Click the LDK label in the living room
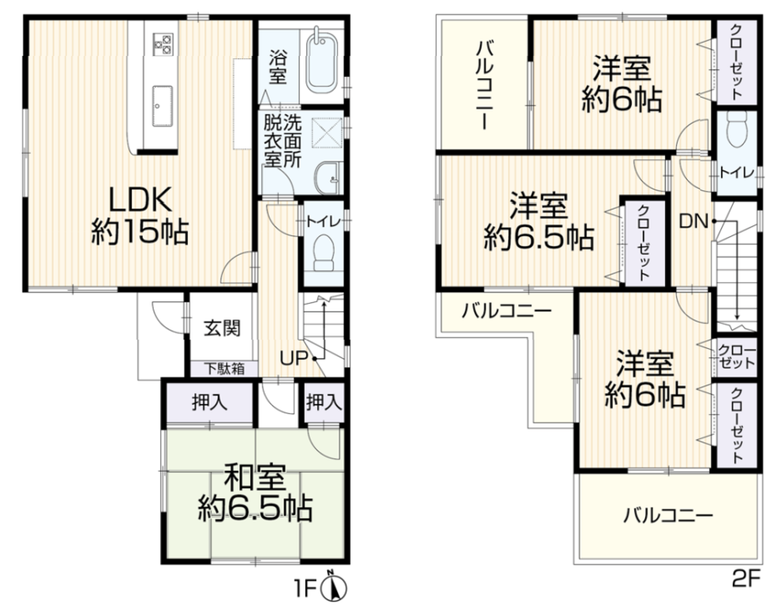[x=140, y=200]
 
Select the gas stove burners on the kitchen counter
[x=162, y=43]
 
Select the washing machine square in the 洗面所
[x=327, y=132]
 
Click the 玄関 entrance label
[x=222, y=328]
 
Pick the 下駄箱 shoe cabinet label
[x=225, y=369]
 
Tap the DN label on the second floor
[x=693, y=221]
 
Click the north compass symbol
[x=334, y=587]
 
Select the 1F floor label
[x=307, y=589]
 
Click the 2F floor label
[x=746, y=578]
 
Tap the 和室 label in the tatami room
[x=255, y=477]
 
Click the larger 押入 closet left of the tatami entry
[x=210, y=402]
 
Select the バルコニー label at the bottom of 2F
[x=668, y=517]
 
